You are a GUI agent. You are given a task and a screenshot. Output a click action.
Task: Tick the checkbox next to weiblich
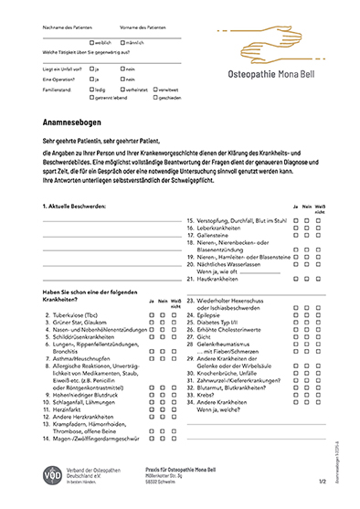click(x=92, y=43)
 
